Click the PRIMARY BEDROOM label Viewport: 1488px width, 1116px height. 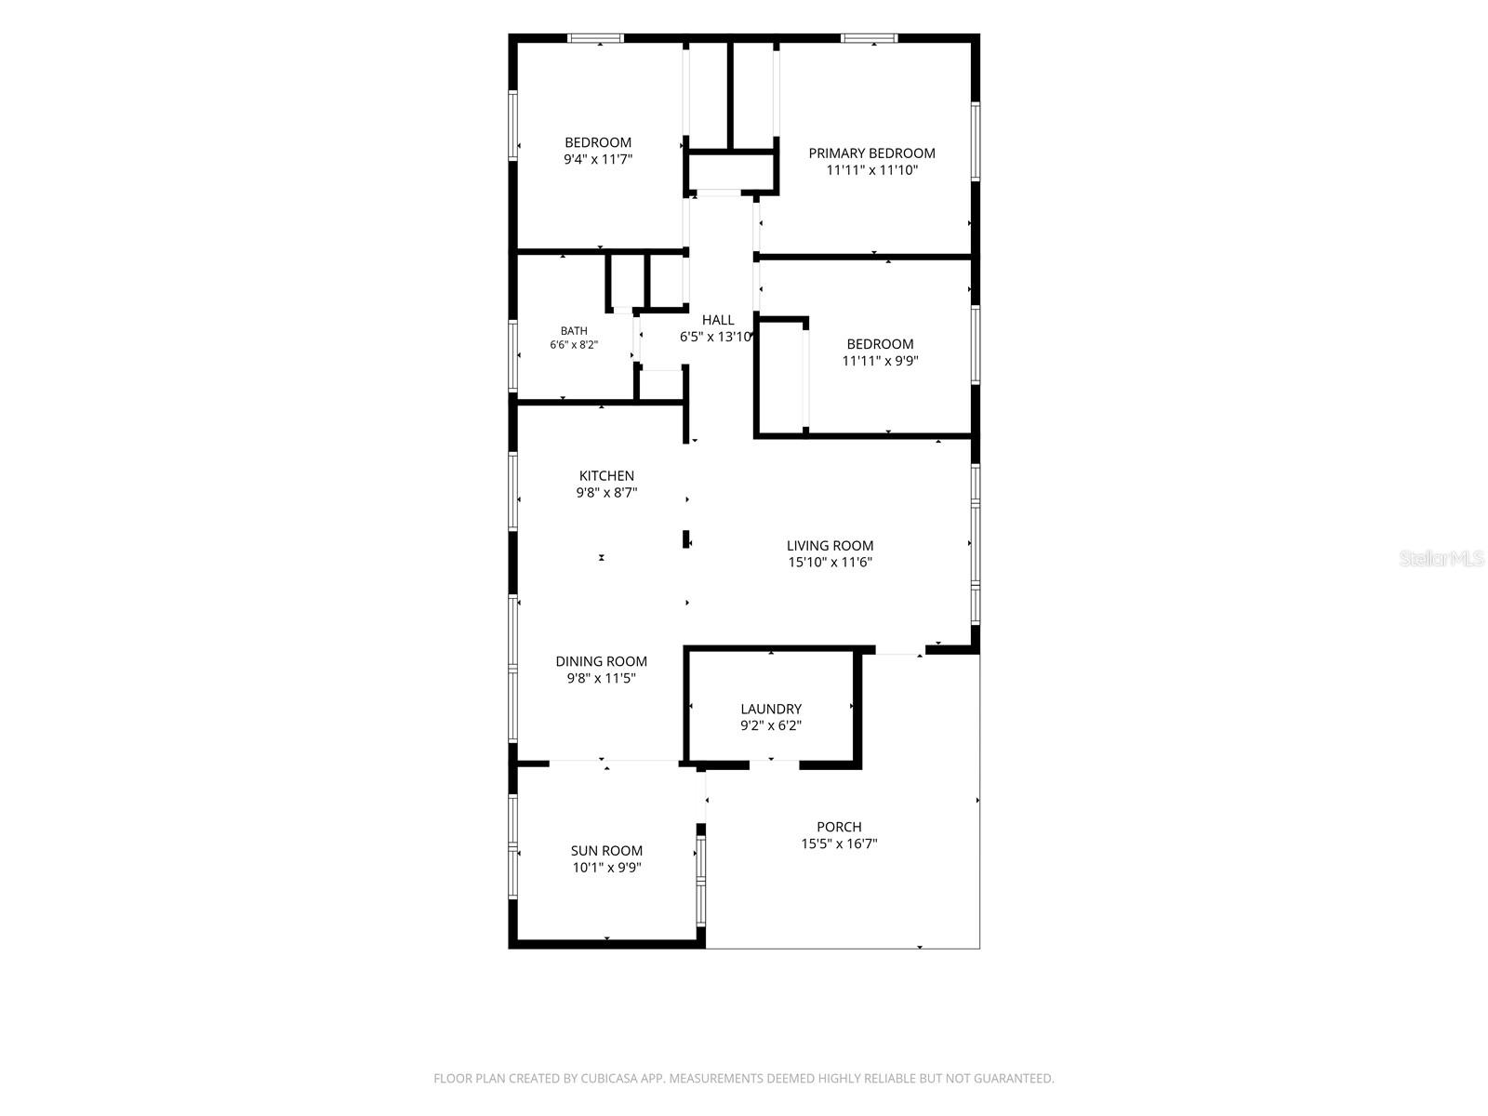pos(871,153)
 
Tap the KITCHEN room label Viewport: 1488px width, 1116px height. pos(606,475)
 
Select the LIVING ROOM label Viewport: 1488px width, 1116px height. pos(830,546)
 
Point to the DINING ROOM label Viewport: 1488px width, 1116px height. pos(602,661)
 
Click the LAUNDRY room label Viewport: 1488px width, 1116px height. pos(771,709)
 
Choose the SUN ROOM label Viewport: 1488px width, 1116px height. pos(606,850)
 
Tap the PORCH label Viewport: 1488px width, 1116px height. pos(839,827)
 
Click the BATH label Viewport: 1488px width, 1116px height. pos(574,331)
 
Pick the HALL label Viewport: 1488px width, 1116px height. pos(717,320)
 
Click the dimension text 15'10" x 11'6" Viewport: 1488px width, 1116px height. pos(830,562)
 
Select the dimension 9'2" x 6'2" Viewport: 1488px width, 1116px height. pos(771,725)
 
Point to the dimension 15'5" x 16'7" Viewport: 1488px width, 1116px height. pos(839,844)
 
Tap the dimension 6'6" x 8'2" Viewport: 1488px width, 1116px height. pos(574,345)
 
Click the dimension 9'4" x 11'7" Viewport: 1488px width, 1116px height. pos(598,159)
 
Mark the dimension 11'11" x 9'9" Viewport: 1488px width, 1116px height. pos(880,361)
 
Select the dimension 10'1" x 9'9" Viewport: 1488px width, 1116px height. pos(606,868)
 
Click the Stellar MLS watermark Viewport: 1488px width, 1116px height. pos(1441,558)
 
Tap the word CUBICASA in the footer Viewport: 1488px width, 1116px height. pos(608,1078)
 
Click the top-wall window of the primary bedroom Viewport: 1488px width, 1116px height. pos(869,38)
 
